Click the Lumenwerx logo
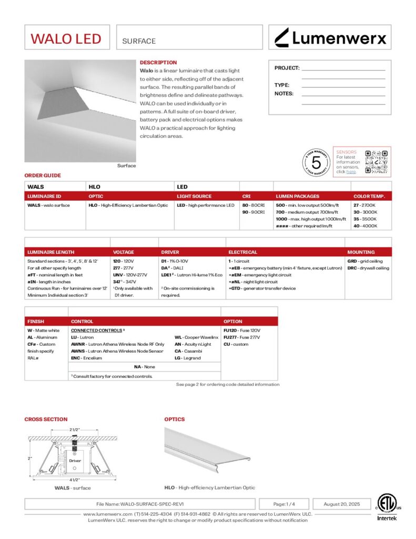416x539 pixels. (x=330, y=37)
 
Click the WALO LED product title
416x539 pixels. (x=66, y=38)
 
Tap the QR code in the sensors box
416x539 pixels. (x=377, y=162)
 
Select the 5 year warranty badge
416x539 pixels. (x=317, y=162)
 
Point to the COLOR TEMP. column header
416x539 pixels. (x=369, y=196)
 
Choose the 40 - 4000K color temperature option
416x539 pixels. (x=365, y=226)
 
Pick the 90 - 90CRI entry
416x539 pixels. (x=253, y=212)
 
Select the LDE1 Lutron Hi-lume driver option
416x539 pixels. (x=191, y=275)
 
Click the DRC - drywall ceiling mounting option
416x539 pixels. (x=368, y=268)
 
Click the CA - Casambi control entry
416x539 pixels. (x=186, y=351)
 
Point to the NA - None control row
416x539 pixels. (x=145, y=366)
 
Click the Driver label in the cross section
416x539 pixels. (x=75, y=461)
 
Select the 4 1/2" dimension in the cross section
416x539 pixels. (x=74, y=479)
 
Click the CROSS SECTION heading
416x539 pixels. (x=46, y=420)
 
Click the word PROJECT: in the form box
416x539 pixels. (x=287, y=68)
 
